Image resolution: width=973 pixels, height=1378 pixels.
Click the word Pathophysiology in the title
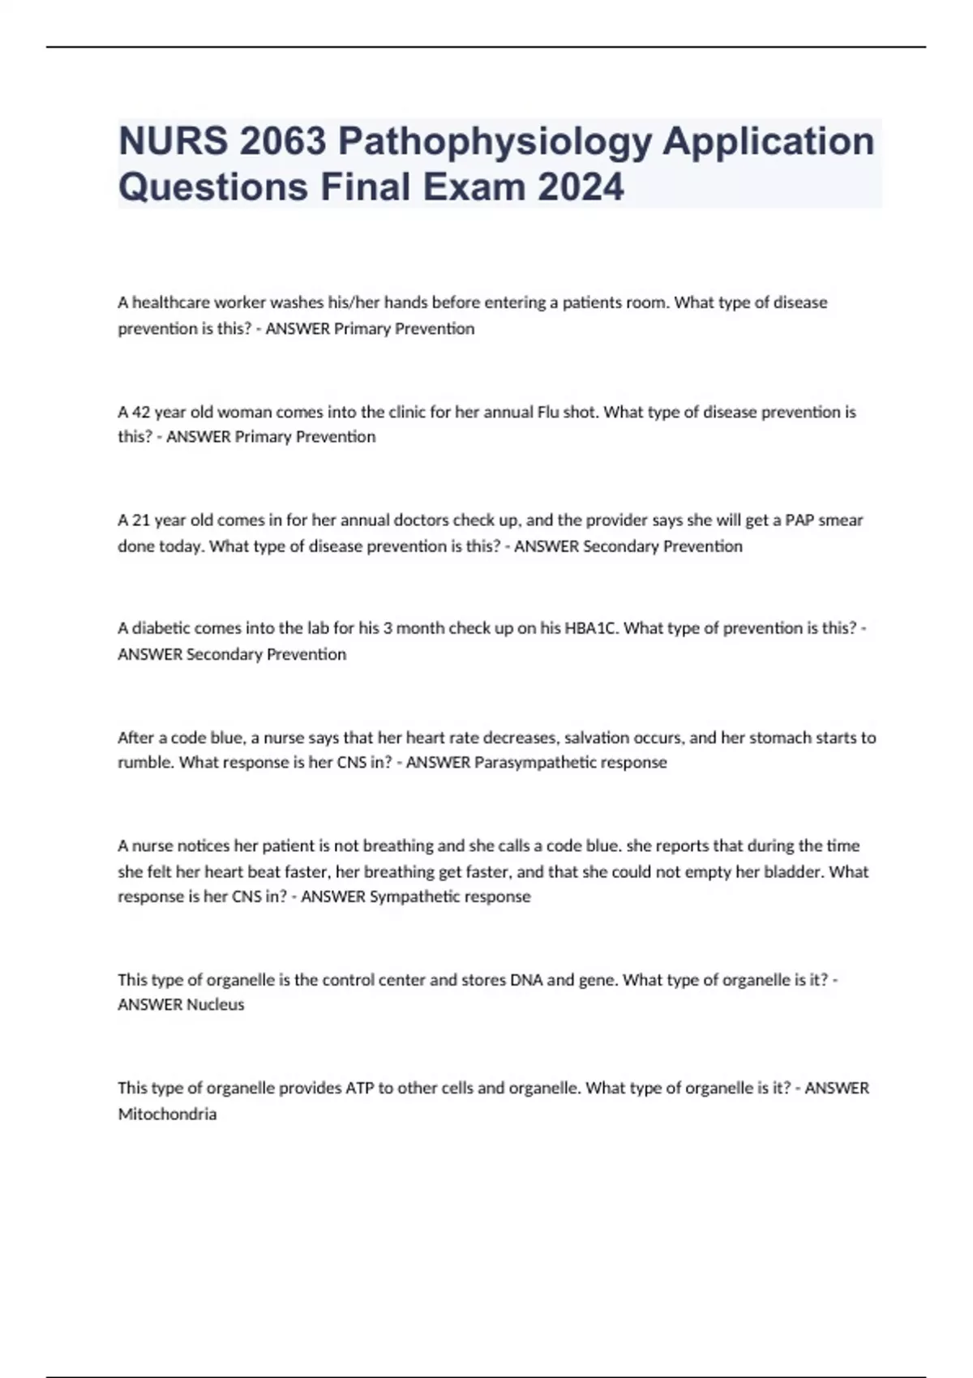pyautogui.click(x=495, y=142)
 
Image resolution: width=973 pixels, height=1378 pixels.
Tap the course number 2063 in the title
pyautogui.click(x=282, y=142)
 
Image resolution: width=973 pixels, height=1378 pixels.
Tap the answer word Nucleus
pyautogui.click(x=215, y=1004)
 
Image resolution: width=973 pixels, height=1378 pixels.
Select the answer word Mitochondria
pyautogui.click(x=167, y=1115)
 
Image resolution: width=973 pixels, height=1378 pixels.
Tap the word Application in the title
pyautogui.click(x=769, y=142)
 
